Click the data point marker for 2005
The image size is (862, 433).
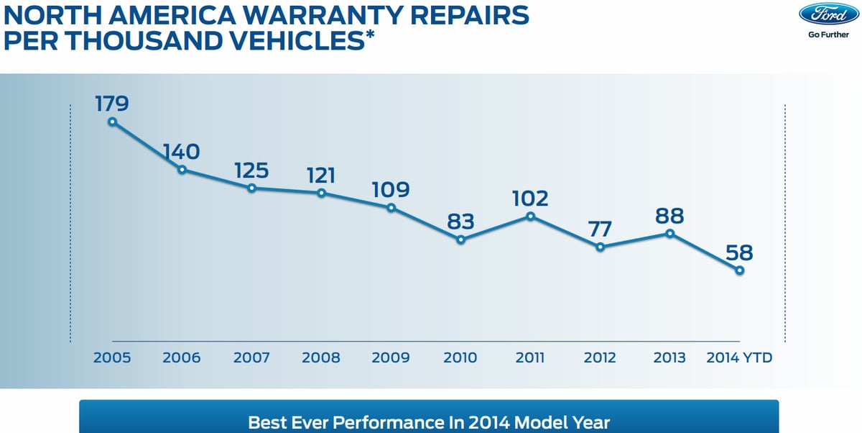pos(112,122)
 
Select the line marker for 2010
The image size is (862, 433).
pos(460,240)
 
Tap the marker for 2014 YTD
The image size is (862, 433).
pos(739,270)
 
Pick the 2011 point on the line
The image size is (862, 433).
pos(530,216)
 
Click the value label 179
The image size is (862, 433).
pos(112,104)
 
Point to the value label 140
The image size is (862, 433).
pos(181,152)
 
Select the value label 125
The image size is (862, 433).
pos(251,170)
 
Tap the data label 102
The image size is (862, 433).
pos(530,198)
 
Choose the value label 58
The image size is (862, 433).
pos(739,252)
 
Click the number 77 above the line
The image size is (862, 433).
pos(600,229)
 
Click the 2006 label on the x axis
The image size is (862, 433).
pos(182,357)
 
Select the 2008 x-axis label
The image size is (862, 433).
pos(321,357)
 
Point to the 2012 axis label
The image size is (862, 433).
pos(600,357)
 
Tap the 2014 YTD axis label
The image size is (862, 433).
pos(740,357)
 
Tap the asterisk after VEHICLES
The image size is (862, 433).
pos(369,35)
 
